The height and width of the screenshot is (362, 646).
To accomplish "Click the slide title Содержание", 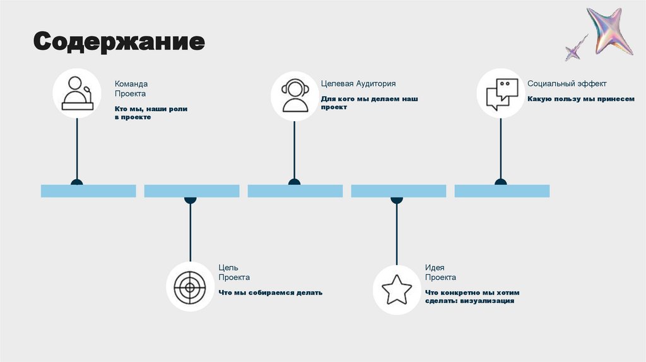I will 119,42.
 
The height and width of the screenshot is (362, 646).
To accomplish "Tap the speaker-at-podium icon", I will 77,93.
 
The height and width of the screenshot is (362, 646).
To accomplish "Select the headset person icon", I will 295,95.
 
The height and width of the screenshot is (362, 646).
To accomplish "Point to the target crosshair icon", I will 190,288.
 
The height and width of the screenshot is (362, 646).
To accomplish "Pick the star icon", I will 397,289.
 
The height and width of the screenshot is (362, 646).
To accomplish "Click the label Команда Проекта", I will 131,88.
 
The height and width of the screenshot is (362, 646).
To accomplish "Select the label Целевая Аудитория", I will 358,83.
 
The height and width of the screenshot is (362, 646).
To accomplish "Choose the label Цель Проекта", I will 234,272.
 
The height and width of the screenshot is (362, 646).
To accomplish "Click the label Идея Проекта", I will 440,272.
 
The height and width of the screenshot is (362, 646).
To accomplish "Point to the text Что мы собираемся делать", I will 271,293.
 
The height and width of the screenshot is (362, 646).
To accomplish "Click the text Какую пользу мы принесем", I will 581,99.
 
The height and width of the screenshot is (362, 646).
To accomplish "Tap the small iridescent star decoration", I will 575,49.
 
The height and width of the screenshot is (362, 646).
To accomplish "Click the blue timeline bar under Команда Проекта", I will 88,190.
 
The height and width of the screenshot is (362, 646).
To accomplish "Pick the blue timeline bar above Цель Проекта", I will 192,190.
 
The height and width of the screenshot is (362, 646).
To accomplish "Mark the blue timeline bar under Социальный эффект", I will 502,190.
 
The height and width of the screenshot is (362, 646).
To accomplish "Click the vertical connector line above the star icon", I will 397,233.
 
